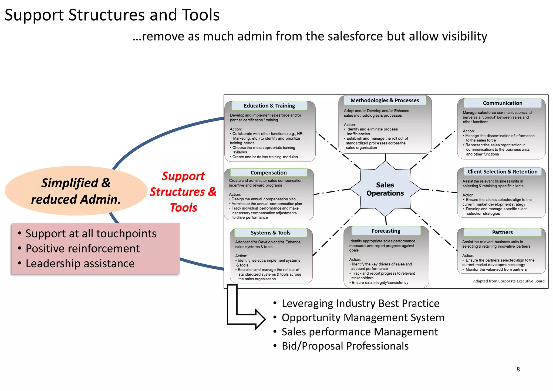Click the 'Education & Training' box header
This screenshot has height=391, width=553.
[269, 106]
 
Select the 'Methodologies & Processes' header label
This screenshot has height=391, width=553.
[385, 100]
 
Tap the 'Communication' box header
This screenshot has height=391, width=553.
[502, 103]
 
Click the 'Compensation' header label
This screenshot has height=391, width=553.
[268, 173]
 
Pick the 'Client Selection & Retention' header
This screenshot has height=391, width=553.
[502, 172]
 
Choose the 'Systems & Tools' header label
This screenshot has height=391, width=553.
[270, 232]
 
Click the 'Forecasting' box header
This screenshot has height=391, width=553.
[386, 231]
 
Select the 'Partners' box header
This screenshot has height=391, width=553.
[502, 232]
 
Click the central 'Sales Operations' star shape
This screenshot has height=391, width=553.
[385, 189]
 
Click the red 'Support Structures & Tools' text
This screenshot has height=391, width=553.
[183, 192]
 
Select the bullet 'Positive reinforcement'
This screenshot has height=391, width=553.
[83, 248]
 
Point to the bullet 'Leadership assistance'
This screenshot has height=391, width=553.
[80, 264]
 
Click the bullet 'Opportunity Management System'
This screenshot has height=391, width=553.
[363, 318]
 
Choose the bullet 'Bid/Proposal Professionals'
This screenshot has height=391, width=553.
[345, 346]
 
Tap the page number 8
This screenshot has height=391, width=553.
[518, 369]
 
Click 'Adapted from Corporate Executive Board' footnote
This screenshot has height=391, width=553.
[508, 281]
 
